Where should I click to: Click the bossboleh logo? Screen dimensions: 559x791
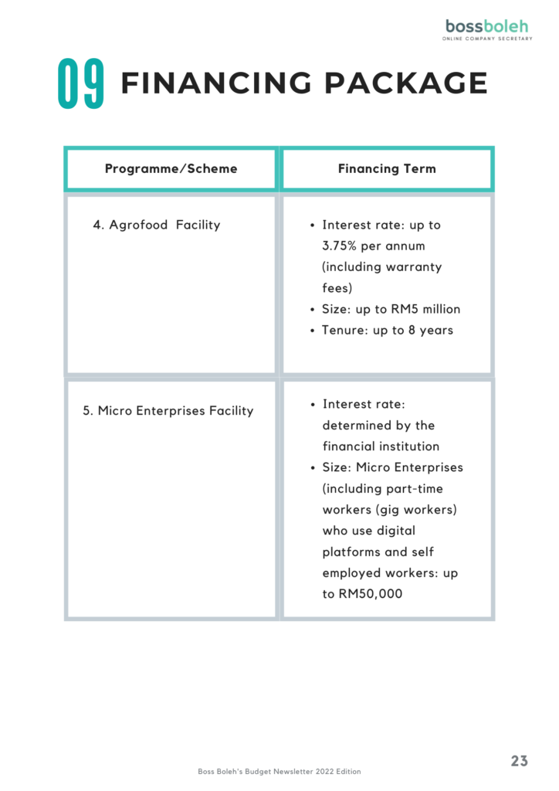[487, 29]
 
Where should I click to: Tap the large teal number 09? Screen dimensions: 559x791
[80, 83]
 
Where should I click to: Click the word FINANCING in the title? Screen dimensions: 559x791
[216, 83]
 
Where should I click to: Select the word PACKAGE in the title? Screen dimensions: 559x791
[406, 83]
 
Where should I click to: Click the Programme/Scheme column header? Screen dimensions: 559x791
[171, 168]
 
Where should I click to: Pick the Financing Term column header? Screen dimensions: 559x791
[387, 168]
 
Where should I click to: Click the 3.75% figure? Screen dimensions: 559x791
[339, 246]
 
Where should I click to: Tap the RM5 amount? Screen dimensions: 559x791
[405, 309]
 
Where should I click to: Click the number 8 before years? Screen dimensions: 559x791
[412, 330]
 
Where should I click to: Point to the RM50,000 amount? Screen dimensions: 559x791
[371, 594]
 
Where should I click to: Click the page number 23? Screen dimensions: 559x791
[519, 761]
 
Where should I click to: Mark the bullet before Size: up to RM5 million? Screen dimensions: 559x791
[313, 309]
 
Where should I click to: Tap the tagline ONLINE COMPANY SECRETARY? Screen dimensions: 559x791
[487, 39]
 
